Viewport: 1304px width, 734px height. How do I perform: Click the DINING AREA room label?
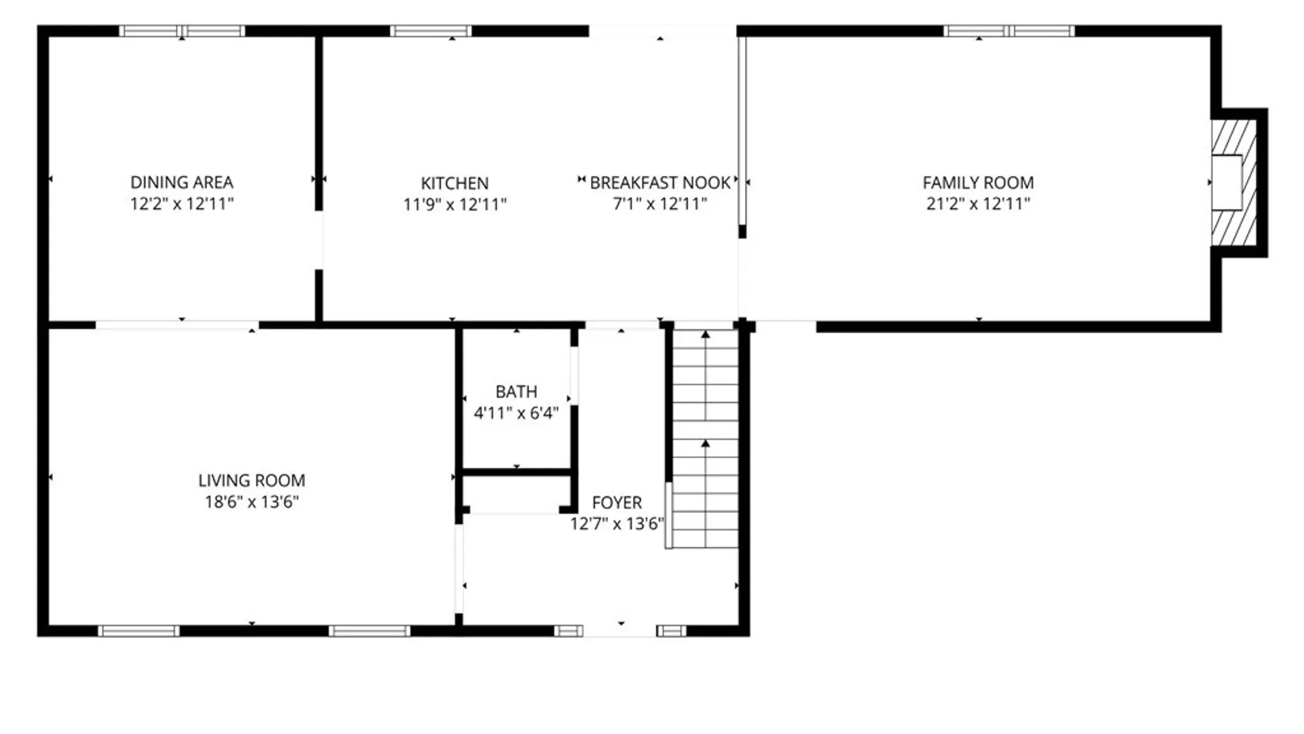181,182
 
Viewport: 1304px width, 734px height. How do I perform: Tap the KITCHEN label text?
454,183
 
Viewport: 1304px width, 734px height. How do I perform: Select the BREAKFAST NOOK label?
660,183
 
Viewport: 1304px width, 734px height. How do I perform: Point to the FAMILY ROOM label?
978,182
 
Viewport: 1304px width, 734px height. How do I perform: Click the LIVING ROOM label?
251,480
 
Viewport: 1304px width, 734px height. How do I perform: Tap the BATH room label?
516,391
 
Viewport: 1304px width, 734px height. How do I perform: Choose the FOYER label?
617,502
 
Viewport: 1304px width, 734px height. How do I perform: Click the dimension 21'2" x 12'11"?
978,203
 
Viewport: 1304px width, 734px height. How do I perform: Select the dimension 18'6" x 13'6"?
251,502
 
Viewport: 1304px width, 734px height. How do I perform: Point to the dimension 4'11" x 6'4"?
516,413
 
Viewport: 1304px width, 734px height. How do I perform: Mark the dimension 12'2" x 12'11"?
181,203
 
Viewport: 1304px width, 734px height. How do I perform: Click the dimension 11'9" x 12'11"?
454,204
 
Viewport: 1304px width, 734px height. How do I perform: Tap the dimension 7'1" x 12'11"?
660,204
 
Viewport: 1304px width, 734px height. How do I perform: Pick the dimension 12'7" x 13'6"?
617,523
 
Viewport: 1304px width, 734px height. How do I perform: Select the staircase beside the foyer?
705,438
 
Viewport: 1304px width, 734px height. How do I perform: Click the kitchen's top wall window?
431,31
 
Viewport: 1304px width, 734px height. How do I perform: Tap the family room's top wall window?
1009,31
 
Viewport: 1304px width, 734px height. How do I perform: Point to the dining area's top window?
182,31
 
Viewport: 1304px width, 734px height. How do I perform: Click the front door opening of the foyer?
619,631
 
